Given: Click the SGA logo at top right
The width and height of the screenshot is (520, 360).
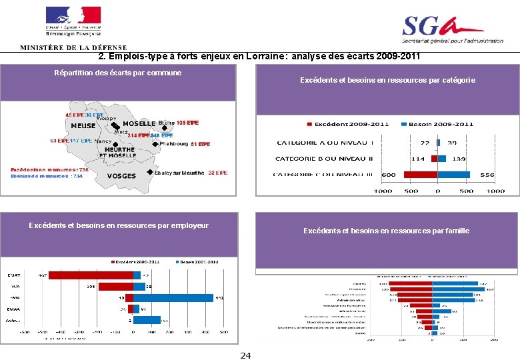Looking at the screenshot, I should (x=452, y=29).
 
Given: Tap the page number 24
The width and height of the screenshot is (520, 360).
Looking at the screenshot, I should (x=245, y=355).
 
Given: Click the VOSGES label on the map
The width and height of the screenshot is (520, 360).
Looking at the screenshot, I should (x=121, y=176).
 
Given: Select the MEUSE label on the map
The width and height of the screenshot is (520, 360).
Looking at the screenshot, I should (x=83, y=125).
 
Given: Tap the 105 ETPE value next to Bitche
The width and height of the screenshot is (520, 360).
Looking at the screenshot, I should (x=188, y=123).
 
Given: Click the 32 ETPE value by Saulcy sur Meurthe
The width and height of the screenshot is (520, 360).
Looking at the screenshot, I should (x=217, y=173).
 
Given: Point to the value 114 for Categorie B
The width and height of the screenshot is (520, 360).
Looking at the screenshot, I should (x=418, y=159).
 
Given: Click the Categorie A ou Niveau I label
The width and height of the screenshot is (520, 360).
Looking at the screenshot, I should (x=325, y=143).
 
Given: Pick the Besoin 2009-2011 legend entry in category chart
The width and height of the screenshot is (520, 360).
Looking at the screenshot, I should (x=437, y=124).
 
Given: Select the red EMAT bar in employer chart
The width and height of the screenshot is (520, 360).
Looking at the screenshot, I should (x=91, y=275).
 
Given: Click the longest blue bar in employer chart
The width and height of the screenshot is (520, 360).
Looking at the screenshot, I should (x=173, y=298).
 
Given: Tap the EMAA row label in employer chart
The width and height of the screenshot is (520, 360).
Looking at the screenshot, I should (x=13, y=309).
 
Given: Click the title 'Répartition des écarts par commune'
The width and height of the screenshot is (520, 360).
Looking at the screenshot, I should (x=117, y=73).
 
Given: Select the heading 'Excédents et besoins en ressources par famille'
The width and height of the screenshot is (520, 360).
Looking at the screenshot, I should (x=386, y=231).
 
